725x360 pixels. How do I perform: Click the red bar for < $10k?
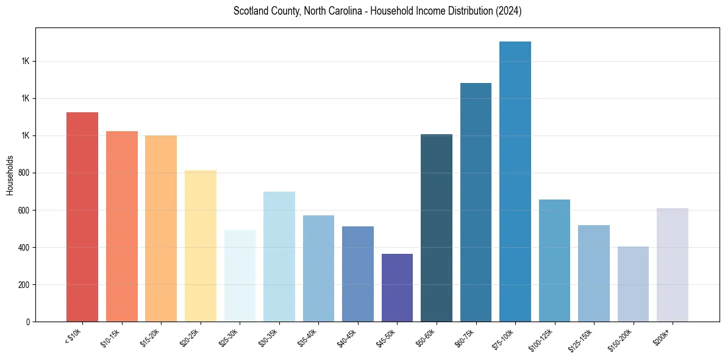(82, 217)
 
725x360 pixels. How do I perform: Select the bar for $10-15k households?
(122, 226)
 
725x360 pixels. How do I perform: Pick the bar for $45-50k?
(397, 287)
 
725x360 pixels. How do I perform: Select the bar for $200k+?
(673, 265)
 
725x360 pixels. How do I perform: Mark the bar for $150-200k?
(633, 284)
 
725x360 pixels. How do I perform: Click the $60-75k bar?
(476, 202)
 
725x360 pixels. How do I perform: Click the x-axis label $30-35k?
(269, 337)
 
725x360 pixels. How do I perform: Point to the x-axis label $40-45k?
(348, 337)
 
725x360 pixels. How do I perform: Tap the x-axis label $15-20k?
(151, 337)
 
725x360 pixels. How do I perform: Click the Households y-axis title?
(10, 175)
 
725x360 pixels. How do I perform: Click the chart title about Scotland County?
(377, 11)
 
